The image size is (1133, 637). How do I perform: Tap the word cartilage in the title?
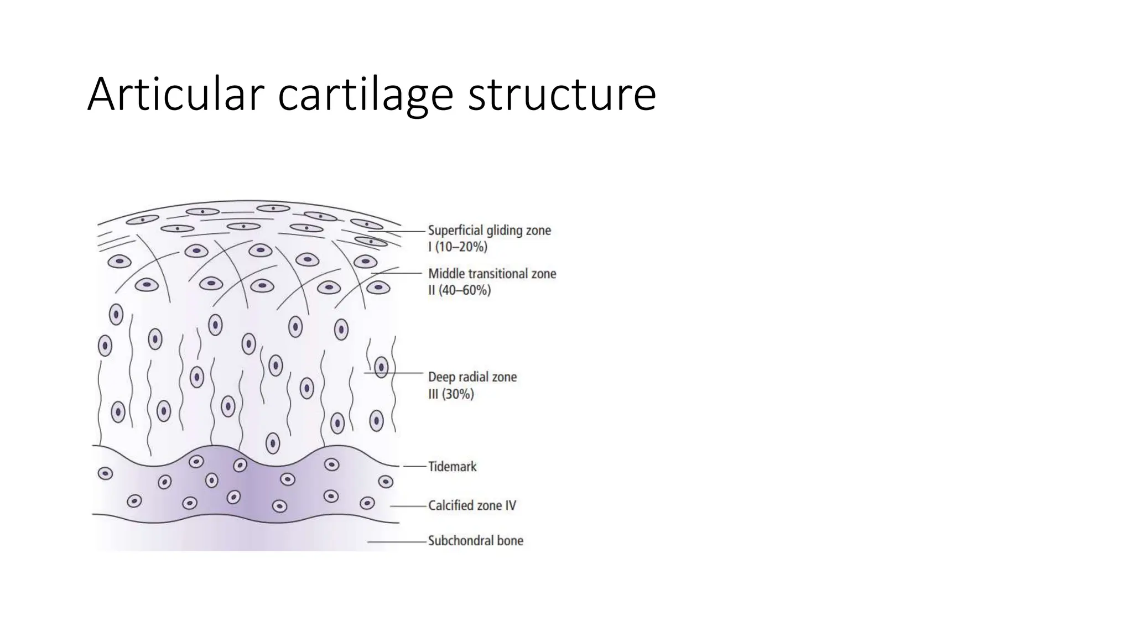(365, 95)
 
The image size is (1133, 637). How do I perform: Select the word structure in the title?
(562, 95)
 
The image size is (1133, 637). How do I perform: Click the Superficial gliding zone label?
(490, 230)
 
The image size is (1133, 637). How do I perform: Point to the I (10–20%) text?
(458, 247)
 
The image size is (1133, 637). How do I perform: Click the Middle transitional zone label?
(492, 274)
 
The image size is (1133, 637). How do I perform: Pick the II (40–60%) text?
(459, 290)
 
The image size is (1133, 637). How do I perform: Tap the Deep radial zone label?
(472, 377)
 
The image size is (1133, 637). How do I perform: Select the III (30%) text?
(451, 394)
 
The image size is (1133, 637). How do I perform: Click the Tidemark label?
(452, 467)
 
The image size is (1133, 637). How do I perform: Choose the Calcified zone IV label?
(472, 505)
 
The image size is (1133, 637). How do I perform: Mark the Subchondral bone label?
(475, 541)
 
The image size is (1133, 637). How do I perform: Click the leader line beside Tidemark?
(415, 467)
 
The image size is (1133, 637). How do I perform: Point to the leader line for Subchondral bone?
(397, 542)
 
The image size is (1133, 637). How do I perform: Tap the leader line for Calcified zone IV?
(408, 506)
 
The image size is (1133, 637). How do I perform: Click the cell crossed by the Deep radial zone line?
(381, 367)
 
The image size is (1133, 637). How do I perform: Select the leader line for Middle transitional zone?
(398, 273)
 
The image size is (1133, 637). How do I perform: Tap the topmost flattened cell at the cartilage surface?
(273, 208)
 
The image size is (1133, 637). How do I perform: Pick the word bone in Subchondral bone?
(510, 541)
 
